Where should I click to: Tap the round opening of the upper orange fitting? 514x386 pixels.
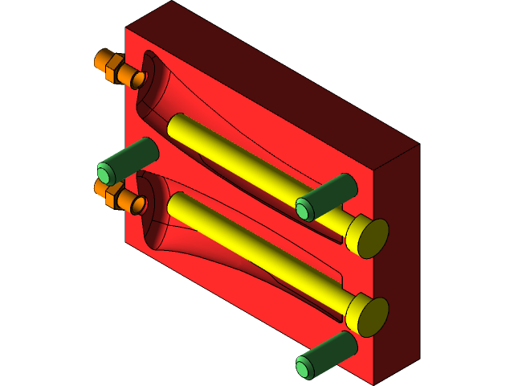click(x=138, y=79)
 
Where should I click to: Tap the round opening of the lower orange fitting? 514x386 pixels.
click(x=138, y=206)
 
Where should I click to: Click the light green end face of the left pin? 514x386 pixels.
click(x=104, y=173)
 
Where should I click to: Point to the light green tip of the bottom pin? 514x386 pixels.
click(x=303, y=369)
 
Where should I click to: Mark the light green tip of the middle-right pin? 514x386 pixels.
click(x=303, y=211)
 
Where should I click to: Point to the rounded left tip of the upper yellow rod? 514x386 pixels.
click(x=173, y=121)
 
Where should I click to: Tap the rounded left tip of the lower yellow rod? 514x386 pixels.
click(x=173, y=200)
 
